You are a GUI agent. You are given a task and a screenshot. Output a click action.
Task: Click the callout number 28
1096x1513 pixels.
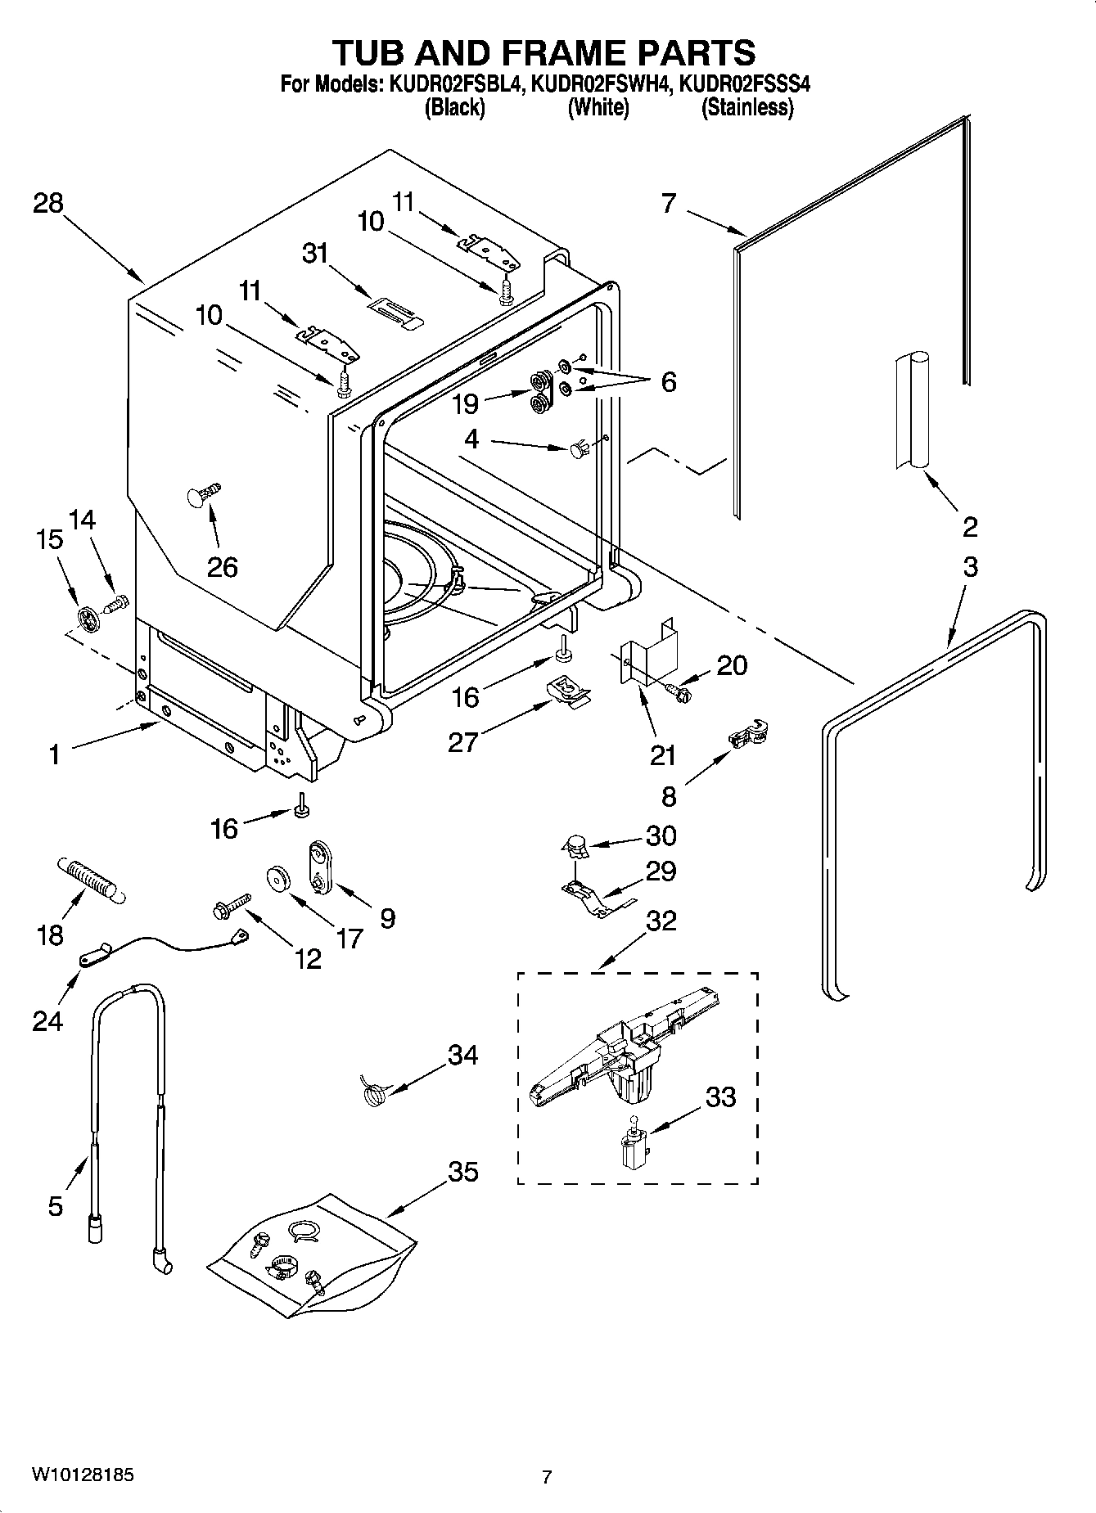click(x=47, y=203)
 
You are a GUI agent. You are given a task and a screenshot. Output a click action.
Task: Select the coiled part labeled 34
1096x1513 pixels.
click(x=374, y=1093)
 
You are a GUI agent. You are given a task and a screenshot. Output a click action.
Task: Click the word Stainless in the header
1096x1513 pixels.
click(x=746, y=107)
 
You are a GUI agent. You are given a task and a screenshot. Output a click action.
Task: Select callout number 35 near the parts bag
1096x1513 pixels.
click(x=462, y=1171)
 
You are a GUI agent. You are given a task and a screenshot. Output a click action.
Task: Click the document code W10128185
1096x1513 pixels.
click(x=83, y=1475)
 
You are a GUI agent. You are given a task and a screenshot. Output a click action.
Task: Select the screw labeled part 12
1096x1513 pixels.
click(x=229, y=904)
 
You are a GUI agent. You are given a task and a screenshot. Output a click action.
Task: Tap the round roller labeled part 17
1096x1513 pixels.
click(x=280, y=879)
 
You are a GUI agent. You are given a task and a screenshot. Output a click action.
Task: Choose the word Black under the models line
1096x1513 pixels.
click(x=454, y=107)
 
